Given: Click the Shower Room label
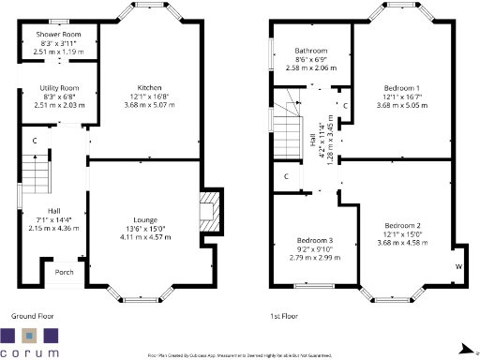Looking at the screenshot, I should coord(59,35).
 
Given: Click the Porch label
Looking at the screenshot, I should coord(65,273).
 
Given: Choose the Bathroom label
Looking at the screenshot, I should coord(309,51).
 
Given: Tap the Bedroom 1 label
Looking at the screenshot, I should coord(400,84).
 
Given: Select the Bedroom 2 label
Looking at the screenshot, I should coord(400,225).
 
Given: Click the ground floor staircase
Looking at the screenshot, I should coord(35,172).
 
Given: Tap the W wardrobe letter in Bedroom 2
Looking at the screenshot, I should coord(457,265).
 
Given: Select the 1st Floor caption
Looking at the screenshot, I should coord(285,317).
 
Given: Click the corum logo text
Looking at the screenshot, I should coord(31,352).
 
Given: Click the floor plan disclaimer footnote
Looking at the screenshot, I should coord(240,355).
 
